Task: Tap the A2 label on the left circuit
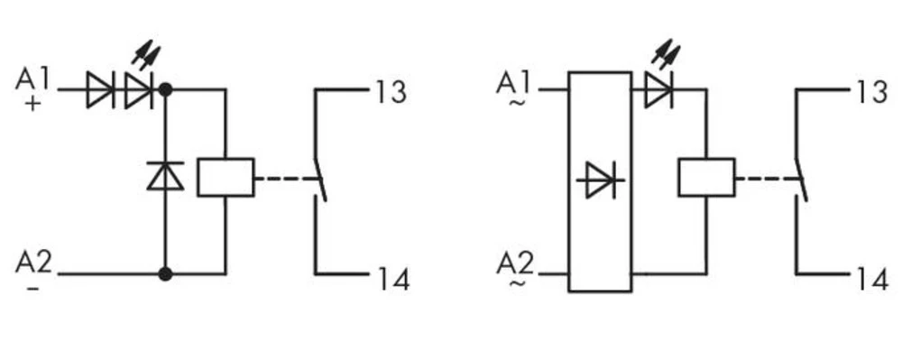pos(34,263)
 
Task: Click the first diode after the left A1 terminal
pos(99,90)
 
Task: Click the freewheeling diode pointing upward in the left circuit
pos(165,175)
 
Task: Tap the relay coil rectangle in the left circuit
pos(225,177)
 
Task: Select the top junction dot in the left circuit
pos(165,90)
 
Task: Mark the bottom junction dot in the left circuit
pos(165,272)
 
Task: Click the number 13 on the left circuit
pos(391,92)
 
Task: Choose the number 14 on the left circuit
pos(391,280)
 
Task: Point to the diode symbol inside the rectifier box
pos(600,180)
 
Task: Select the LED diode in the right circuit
pos(658,90)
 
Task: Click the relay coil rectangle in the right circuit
pos(706,177)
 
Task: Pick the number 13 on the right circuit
pos(871,92)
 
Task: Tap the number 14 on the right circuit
pos(872,280)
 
